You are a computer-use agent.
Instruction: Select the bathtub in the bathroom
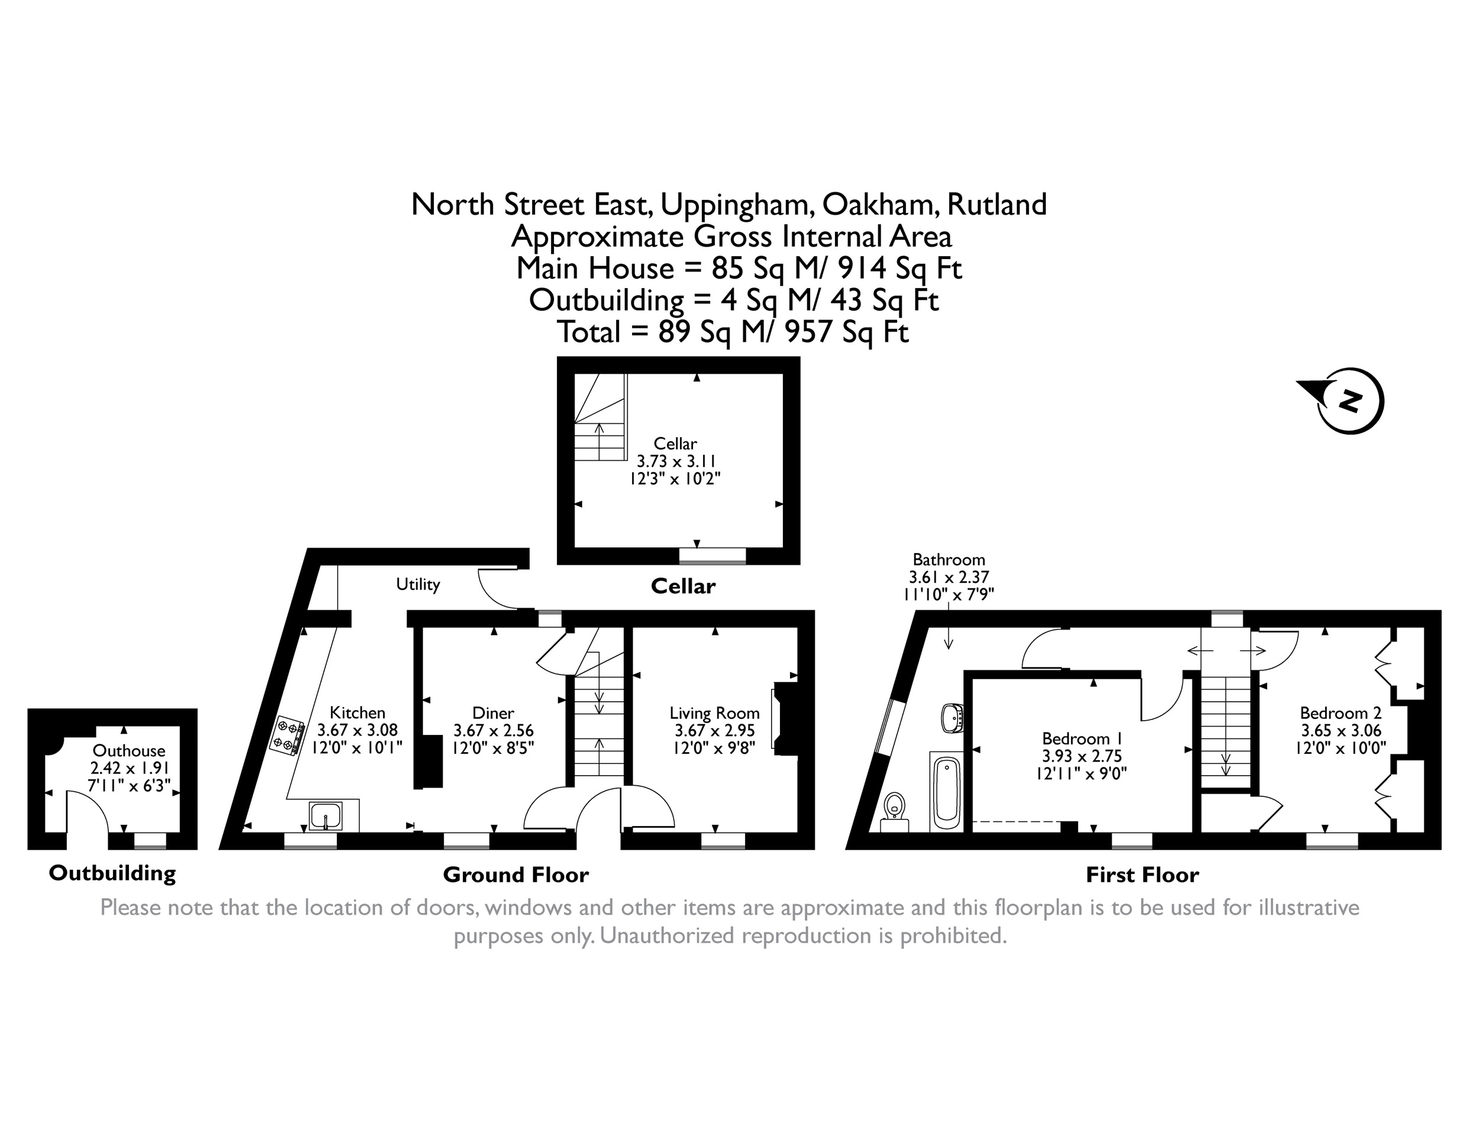[x=947, y=792]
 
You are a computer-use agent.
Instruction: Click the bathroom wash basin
[x=952, y=718]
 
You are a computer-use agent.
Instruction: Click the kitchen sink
[x=325, y=816]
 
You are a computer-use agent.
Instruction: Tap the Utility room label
[x=417, y=584]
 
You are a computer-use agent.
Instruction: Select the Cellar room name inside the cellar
[x=675, y=444]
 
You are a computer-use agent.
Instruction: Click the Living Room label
[x=714, y=713]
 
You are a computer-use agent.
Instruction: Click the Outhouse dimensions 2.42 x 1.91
[x=129, y=768]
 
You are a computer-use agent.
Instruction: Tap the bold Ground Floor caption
[x=515, y=875]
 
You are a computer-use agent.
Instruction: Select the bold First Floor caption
[x=1142, y=875]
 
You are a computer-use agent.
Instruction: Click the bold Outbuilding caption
[x=112, y=873]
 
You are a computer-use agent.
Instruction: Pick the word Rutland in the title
[x=997, y=205]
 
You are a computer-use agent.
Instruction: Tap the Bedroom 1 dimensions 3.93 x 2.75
[x=1082, y=756]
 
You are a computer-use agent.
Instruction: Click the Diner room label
[x=493, y=713]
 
